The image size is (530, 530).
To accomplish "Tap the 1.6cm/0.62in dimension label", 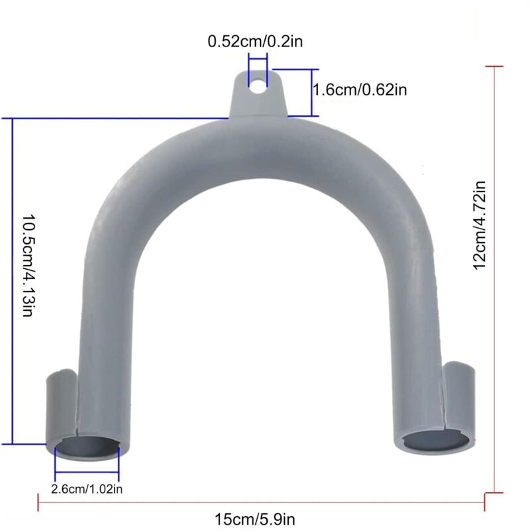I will tap(359, 90).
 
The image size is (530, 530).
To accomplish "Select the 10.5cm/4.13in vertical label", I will tap(27, 265).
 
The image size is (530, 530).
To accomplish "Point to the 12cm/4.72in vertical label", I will tap(480, 225).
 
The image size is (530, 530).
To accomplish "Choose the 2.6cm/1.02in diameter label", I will tap(87, 490).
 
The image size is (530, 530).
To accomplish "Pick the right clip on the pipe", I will tap(460, 394).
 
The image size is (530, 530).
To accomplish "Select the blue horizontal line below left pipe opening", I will tap(87, 473).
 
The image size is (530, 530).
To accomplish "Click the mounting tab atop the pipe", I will tap(258, 99).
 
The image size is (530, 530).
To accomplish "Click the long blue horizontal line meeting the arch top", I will tap(119, 119).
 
